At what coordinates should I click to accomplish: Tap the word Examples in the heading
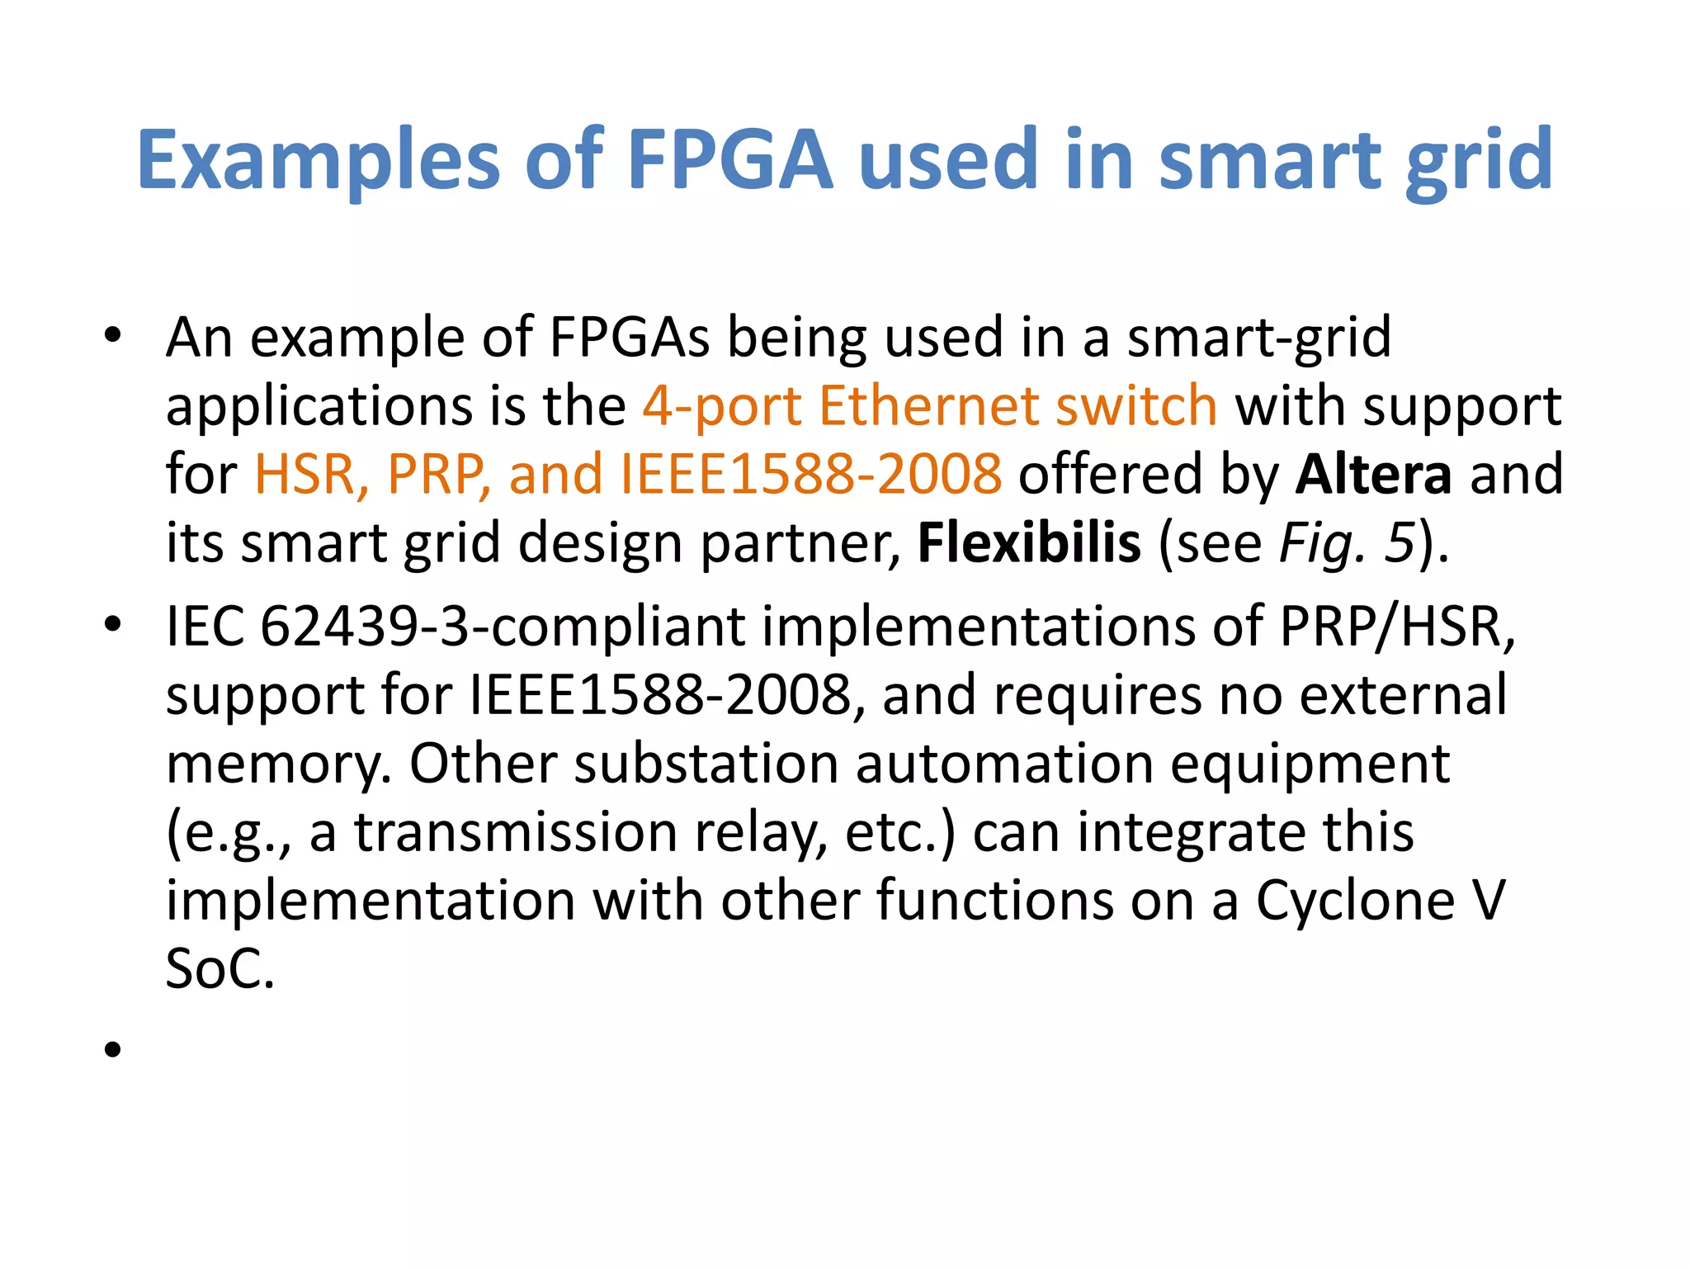tap(319, 161)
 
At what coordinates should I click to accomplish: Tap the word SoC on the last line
tap(220, 968)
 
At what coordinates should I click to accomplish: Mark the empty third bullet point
tap(113, 1049)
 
